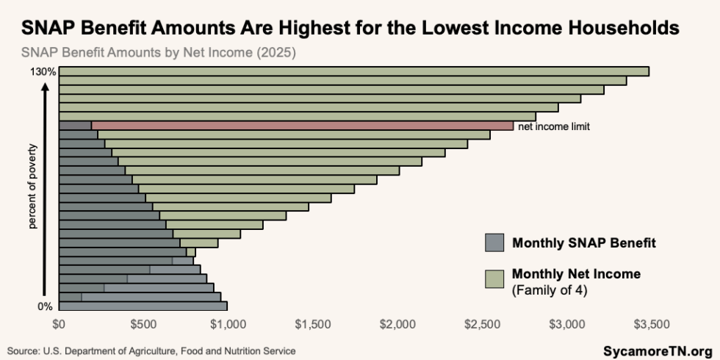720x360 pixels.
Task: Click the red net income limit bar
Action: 302,126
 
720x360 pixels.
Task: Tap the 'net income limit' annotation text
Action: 554,126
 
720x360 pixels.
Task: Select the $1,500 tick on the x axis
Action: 312,324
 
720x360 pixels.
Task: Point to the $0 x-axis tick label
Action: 60,324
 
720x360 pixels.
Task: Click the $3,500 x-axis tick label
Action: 652,324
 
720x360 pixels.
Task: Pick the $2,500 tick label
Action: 482,324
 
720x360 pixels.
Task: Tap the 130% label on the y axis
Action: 43,72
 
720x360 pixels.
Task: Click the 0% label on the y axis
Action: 45,307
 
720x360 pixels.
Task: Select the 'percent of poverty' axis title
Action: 32,186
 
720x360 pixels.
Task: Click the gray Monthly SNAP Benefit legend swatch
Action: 494,242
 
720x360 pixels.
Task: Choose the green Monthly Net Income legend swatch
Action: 494,278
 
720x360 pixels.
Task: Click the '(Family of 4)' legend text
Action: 550,291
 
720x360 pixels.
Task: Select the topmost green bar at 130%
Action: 354,71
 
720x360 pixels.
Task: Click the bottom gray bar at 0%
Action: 143,306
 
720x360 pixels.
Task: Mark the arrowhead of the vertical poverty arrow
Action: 46,87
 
